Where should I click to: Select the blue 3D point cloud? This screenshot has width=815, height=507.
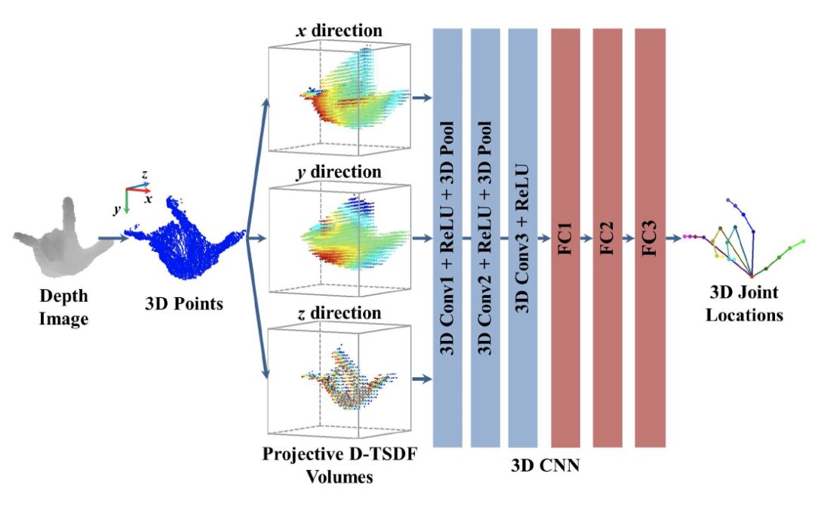[185, 234]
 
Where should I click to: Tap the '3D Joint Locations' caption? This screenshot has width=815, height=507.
[743, 303]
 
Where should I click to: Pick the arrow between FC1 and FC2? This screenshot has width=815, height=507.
[586, 237]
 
